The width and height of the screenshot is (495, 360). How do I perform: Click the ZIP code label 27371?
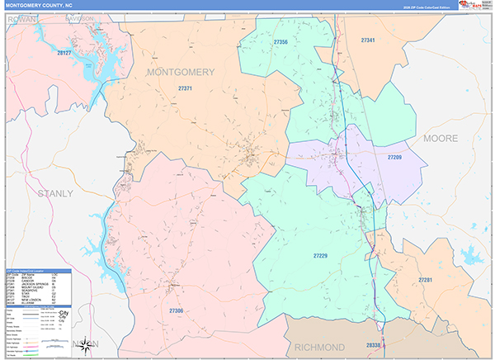(x=185, y=88)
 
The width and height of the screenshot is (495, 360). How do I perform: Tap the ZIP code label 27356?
(x=280, y=41)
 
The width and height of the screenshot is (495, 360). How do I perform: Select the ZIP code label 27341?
(x=368, y=40)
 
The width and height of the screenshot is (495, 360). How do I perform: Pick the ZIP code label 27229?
(x=321, y=256)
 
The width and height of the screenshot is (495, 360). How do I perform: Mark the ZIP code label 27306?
(x=177, y=310)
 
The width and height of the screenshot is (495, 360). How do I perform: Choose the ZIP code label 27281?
(x=425, y=281)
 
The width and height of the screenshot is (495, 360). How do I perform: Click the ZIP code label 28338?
(x=374, y=345)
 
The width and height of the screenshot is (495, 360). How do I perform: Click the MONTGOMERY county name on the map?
(x=179, y=72)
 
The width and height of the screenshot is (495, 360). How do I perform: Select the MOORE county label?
(x=445, y=138)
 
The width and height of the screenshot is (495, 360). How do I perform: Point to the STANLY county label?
(x=54, y=193)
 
